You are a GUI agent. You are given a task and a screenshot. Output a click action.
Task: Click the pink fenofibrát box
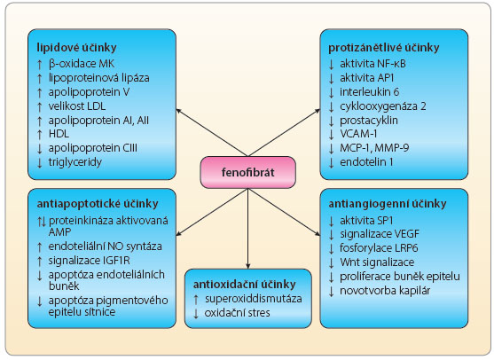coord(248,172)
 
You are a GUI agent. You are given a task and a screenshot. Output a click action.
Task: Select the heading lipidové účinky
coord(76,48)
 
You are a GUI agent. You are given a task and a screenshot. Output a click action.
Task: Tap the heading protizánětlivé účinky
coord(384,48)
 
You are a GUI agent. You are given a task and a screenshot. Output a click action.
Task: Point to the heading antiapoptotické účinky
coord(98,204)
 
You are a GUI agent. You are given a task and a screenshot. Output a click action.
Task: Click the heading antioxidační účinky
coord(245,285)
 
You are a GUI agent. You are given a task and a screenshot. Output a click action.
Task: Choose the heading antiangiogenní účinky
coord(388,204)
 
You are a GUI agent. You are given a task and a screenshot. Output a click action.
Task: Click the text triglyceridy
coord(75,162)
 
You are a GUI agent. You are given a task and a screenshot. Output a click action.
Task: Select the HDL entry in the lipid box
coord(59,134)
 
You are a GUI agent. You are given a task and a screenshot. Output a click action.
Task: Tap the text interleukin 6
coord(369,92)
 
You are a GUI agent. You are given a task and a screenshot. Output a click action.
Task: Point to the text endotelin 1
coord(366,162)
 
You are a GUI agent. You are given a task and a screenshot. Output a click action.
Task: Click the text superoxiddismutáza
coord(254,299)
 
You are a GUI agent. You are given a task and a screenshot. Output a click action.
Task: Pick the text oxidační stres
coord(237,313)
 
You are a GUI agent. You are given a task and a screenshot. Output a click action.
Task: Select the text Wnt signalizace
coord(377,262)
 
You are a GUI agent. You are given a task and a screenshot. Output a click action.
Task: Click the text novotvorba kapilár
coord(385,290)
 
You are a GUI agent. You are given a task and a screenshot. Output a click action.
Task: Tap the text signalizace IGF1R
coord(90,261)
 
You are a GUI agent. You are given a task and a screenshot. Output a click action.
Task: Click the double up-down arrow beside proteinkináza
coord(42,222)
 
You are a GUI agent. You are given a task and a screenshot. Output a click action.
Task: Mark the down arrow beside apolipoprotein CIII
coord(39,149)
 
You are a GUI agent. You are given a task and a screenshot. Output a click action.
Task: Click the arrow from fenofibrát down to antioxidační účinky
coord(248,229)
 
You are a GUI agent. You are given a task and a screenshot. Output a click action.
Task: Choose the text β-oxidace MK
coord(82,64)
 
